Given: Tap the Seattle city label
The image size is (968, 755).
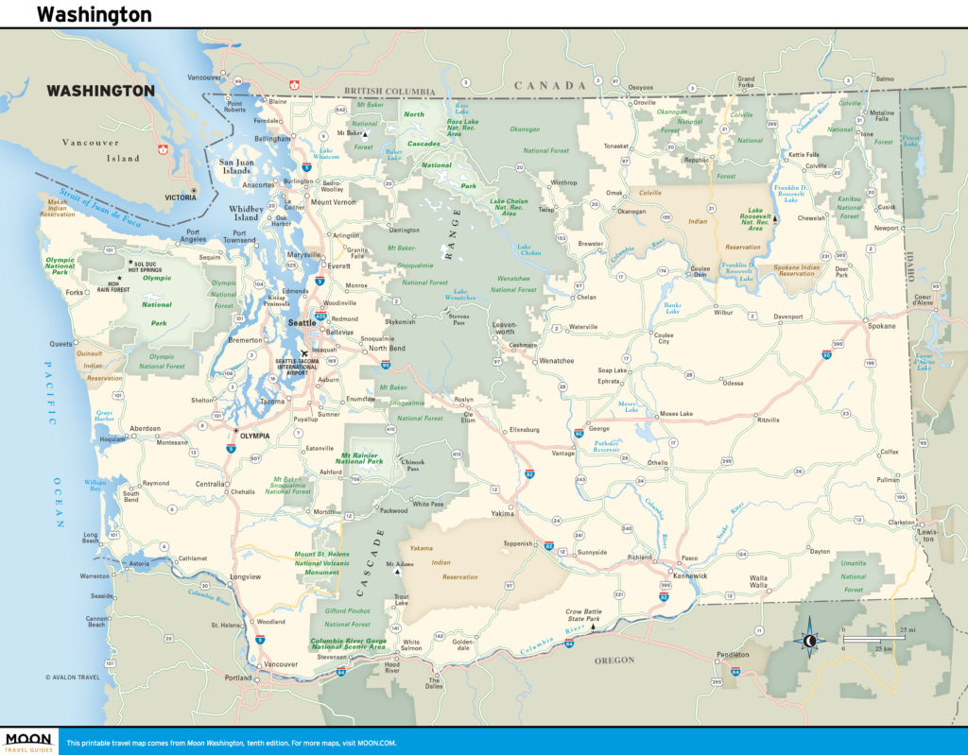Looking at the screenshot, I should click(302, 322).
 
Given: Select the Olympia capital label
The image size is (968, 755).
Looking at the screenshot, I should click(255, 436).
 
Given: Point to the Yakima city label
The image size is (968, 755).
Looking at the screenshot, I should click(502, 514).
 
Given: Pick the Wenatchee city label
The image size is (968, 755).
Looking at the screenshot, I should click(558, 361).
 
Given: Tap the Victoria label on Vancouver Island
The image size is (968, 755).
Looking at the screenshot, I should click(180, 197).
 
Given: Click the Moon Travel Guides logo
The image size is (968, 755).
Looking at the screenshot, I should click(27, 741).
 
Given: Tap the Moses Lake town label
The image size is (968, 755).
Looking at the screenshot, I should click(676, 414).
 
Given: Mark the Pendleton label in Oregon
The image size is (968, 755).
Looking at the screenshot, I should click(733, 654).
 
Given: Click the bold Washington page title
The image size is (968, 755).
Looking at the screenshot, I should click(94, 14).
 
